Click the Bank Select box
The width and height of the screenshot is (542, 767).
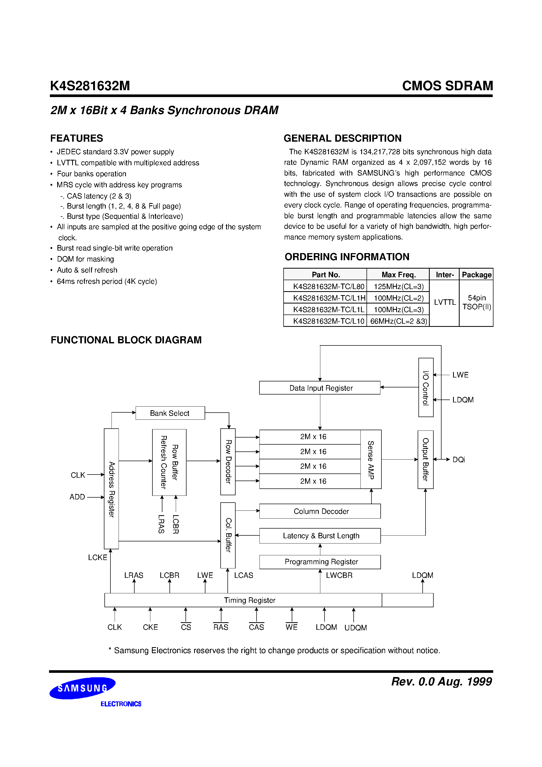coord(170,413)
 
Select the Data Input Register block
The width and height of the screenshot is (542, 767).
coord(320,388)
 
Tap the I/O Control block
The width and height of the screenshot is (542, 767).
coord(426,387)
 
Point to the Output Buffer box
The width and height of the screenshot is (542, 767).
coord(425,459)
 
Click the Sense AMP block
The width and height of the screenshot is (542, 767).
coord(371,459)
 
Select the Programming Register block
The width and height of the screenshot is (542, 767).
coord(320,562)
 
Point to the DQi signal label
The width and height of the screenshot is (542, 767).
coord(459,460)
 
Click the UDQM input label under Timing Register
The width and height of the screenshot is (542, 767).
coord(355,628)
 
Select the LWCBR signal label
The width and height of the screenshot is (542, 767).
coord(339,575)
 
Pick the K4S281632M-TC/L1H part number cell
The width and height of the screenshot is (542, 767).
coord(329,298)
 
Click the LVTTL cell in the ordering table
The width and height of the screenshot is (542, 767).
coord(444,302)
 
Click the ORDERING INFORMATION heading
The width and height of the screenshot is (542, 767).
coord(347,257)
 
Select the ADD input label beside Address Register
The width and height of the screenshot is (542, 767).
coord(77,497)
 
